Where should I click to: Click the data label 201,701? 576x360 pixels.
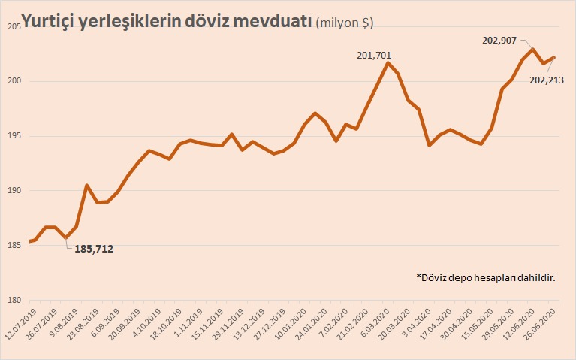pos(373,55)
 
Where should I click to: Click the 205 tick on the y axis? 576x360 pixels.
pos(14,27)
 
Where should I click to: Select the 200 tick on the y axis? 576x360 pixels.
pos(14,82)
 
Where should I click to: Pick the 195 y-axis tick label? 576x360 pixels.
pos(14,136)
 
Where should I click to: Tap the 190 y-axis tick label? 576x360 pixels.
pos(14,191)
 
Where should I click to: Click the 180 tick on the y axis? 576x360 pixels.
pos(14,301)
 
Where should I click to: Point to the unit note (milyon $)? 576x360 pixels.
pos(345,23)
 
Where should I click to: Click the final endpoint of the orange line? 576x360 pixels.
pos(554,57)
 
